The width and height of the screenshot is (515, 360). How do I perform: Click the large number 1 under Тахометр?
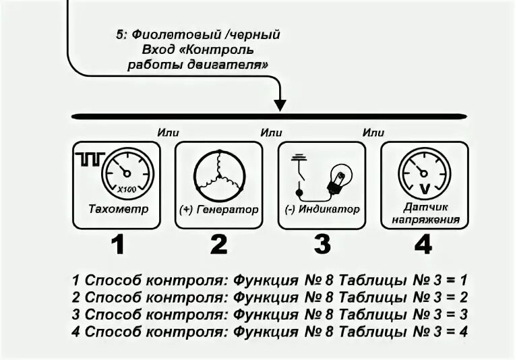click(x=118, y=244)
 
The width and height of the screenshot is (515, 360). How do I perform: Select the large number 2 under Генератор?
click(x=218, y=244)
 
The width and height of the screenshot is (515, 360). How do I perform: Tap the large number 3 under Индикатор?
click(x=322, y=244)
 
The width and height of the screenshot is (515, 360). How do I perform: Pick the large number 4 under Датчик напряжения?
click(x=423, y=244)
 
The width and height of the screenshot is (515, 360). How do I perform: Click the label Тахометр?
click(x=119, y=209)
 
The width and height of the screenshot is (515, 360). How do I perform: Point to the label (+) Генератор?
click(x=219, y=210)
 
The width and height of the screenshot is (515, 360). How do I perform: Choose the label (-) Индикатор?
click(x=322, y=210)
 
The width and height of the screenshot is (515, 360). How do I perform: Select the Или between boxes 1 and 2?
click(x=168, y=132)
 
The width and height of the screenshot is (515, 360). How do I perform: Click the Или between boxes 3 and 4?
click(x=373, y=132)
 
